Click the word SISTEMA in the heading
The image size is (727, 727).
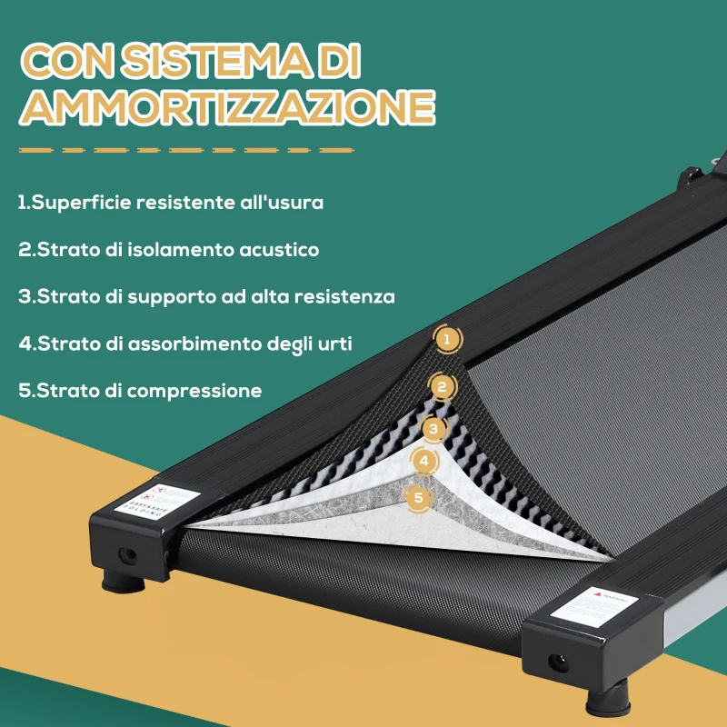pos(219,62)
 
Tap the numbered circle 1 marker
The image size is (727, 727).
pos(446,341)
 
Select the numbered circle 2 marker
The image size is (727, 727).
pos(442,387)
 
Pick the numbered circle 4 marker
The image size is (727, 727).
pos(424,462)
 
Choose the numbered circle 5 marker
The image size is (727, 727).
pos(418,497)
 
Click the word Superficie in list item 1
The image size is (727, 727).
pos(82,203)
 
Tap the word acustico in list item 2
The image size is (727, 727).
pos(281,250)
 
